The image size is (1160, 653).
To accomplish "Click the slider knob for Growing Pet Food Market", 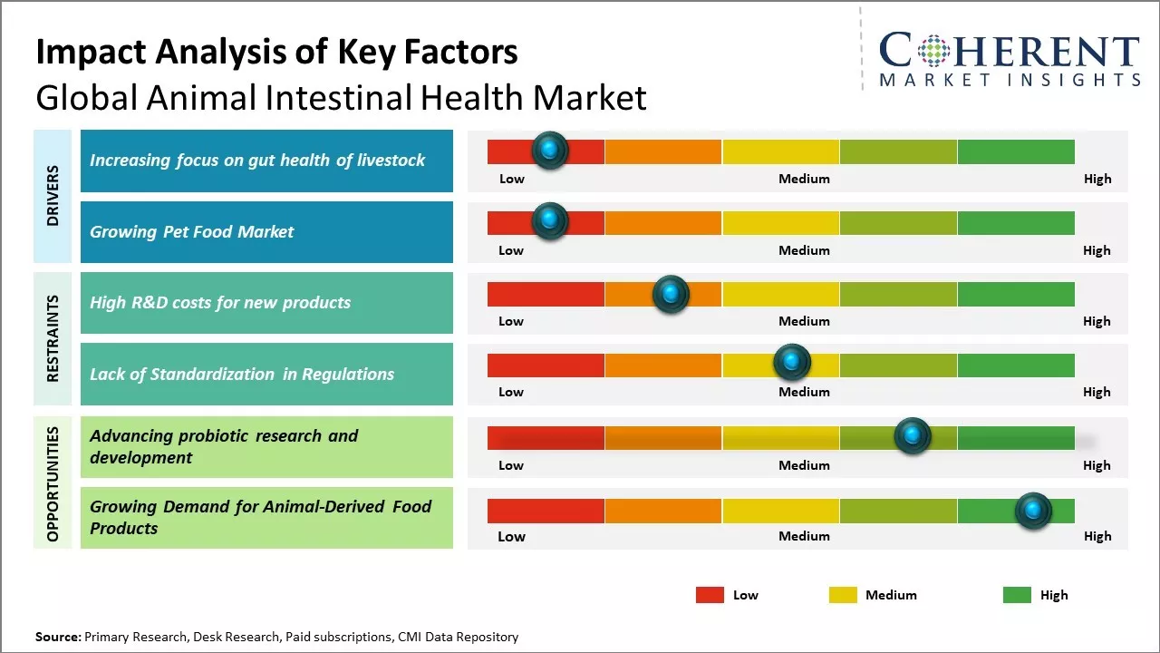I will click(x=549, y=221).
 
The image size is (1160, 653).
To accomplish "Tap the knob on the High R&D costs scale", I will click(x=671, y=294).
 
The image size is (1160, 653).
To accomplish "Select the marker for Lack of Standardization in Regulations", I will click(x=792, y=363).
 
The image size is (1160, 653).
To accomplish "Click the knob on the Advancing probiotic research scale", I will click(x=913, y=436).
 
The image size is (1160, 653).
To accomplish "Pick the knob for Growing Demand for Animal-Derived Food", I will click(x=1033, y=511).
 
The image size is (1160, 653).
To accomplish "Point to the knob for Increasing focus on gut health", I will click(x=549, y=150).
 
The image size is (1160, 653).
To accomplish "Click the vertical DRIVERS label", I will click(x=53, y=196).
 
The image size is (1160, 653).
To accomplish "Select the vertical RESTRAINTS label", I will click(x=53, y=338).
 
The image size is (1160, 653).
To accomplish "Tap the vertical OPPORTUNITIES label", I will click(x=53, y=483).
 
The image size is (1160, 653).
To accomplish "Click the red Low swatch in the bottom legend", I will click(x=710, y=595).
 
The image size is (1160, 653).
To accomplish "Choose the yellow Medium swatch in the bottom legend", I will click(x=843, y=595).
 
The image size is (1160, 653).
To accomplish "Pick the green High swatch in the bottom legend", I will click(x=1017, y=595).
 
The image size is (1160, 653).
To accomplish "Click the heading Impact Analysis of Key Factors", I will click(x=276, y=52).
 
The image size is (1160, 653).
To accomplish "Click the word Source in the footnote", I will click(x=58, y=637).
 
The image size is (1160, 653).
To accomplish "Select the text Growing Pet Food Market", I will click(x=191, y=232).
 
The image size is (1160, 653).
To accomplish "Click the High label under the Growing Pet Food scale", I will click(x=1097, y=250).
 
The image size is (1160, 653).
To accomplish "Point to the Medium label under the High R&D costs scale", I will click(x=804, y=321).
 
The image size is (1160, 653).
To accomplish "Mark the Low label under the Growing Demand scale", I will click(x=511, y=536).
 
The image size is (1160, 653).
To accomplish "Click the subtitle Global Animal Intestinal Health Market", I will click(x=341, y=98).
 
